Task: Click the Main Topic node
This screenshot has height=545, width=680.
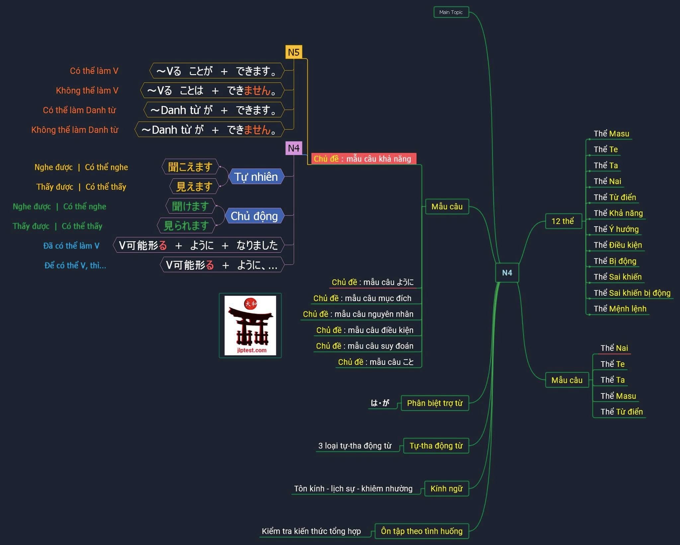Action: click(451, 12)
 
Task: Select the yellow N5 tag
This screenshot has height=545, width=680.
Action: click(294, 52)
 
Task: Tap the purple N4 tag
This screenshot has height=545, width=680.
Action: click(294, 148)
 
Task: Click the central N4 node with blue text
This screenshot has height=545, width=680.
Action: click(507, 273)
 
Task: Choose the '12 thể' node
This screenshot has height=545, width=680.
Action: click(563, 221)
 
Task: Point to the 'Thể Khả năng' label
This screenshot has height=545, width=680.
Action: click(618, 213)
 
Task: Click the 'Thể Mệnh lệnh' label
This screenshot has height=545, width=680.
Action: click(620, 309)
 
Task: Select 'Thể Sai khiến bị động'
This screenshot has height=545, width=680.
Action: click(632, 293)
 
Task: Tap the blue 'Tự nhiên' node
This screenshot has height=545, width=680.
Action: click(256, 177)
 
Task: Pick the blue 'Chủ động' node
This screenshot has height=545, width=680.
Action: click(254, 216)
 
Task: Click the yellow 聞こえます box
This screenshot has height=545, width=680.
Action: click(190, 167)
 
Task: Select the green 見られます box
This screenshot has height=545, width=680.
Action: click(186, 226)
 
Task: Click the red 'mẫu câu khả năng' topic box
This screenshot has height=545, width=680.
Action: click(363, 159)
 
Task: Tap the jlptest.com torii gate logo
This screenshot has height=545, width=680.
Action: click(250, 325)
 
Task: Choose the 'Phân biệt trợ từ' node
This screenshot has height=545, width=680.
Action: click(435, 403)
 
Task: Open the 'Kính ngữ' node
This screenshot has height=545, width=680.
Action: click(446, 489)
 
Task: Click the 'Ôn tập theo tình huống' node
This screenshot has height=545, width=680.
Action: click(421, 531)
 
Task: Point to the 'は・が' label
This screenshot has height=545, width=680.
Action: click(380, 403)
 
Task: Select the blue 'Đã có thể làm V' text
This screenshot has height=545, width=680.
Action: click(71, 246)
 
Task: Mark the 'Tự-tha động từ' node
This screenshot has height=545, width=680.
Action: click(436, 446)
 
